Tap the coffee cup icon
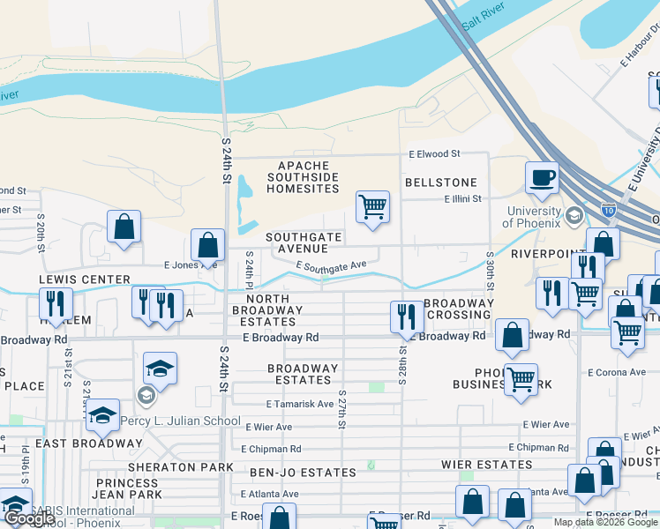[x=542, y=177]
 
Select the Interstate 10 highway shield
[x=608, y=210]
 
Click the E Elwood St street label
[x=434, y=153]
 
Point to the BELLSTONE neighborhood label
[x=440, y=183]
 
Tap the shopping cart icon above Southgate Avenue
[x=372, y=207]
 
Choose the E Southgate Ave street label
[x=331, y=265]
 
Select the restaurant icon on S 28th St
[x=405, y=317]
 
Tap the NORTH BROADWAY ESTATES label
[x=267, y=310]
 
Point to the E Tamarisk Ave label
[x=300, y=404]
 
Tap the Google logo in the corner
[x=29, y=519]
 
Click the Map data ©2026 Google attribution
[x=606, y=522]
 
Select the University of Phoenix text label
[x=534, y=217]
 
